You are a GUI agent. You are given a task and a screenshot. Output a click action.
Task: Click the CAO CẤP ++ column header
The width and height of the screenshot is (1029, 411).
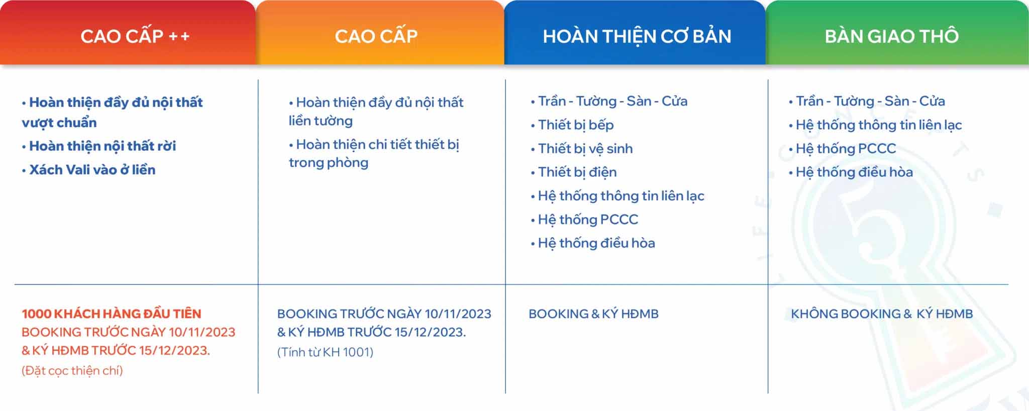(x=128, y=33)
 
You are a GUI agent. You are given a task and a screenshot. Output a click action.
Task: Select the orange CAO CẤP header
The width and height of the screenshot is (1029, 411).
(x=380, y=33)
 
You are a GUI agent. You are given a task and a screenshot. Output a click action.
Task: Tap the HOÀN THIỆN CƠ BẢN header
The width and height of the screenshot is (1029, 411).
(x=635, y=33)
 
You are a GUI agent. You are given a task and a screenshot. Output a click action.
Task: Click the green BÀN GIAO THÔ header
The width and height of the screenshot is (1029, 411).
(x=897, y=33)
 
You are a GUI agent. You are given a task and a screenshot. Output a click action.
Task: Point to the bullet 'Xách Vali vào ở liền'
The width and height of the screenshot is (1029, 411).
(x=88, y=170)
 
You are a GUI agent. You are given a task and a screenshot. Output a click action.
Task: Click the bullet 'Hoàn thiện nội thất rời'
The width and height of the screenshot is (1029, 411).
(x=99, y=146)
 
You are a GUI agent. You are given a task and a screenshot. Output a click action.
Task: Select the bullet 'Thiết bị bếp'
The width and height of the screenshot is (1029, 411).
(x=572, y=125)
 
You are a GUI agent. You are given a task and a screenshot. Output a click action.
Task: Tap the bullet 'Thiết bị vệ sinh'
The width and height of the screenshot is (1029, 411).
(x=582, y=149)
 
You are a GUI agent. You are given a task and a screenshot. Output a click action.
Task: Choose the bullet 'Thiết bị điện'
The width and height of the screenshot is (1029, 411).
(x=574, y=172)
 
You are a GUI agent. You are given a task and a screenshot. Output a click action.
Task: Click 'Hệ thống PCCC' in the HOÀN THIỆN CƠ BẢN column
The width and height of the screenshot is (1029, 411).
(x=584, y=220)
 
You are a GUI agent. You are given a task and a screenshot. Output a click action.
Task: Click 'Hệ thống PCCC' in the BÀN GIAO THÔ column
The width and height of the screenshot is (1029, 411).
(x=842, y=149)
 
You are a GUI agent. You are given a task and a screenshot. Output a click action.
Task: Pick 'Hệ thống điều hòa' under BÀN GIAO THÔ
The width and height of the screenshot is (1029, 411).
(x=851, y=172)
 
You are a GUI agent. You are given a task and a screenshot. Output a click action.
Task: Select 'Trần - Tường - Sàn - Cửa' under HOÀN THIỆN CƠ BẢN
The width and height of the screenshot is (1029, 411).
(x=609, y=101)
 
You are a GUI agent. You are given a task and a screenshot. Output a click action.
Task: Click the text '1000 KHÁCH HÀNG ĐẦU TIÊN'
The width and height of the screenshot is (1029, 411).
(x=112, y=314)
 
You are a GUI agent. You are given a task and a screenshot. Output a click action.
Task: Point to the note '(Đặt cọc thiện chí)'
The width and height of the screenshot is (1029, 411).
(x=72, y=371)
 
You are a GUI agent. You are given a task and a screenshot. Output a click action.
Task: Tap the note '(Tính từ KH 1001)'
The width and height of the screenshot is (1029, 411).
(x=325, y=352)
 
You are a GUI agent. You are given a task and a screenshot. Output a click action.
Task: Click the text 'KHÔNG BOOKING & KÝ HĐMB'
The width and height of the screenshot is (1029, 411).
(x=882, y=314)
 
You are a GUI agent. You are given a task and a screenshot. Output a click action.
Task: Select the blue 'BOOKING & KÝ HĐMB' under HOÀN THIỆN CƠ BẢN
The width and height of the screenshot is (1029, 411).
(x=593, y=314)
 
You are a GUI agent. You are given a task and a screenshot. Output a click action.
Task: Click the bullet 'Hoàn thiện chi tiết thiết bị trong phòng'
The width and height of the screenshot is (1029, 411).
(x=374, y=154)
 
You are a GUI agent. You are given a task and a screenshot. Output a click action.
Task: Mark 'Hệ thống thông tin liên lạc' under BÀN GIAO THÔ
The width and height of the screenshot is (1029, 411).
(x=875, y=125)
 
